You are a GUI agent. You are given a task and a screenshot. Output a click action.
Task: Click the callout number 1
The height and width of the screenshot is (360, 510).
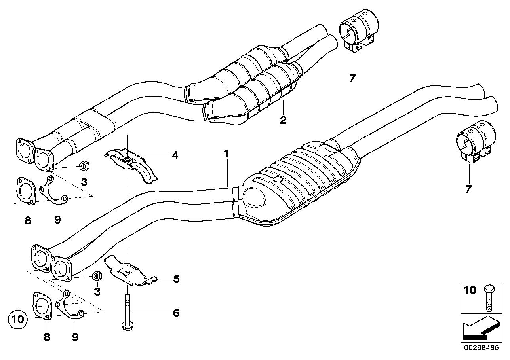point(226,153)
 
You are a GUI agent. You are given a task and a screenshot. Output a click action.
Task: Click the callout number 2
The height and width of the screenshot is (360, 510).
point(283,119)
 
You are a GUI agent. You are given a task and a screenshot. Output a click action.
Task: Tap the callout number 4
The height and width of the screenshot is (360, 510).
point(175,155)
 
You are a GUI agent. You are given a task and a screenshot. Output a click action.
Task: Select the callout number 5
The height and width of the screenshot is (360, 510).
point(176,279)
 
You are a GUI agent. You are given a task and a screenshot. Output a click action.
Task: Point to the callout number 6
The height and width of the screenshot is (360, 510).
point(176,313)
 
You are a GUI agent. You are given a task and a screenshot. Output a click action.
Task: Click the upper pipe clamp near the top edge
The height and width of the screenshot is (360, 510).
point(359,33)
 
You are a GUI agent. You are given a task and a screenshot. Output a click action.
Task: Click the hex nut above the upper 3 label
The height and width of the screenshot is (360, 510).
point(84,167)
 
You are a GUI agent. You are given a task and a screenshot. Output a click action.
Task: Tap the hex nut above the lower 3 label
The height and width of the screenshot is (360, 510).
point(97,276)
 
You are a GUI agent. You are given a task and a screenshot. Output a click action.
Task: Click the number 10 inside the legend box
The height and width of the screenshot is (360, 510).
point(470,291)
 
